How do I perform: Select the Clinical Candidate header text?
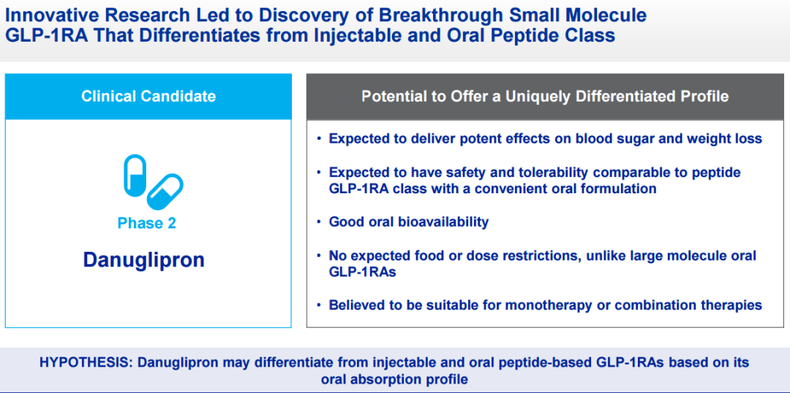pos(148,96)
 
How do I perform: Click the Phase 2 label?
pos(147,223)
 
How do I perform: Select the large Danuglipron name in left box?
pos(143,260)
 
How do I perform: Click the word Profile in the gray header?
pos(702,96)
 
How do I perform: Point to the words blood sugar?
pos(617,138)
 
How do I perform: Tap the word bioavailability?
pos(443,222)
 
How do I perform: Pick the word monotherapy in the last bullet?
pos(535,304)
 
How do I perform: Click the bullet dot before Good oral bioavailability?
pos(319,222)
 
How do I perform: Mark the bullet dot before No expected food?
pos(319,255)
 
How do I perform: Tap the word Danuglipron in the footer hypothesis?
pos(179,362)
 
